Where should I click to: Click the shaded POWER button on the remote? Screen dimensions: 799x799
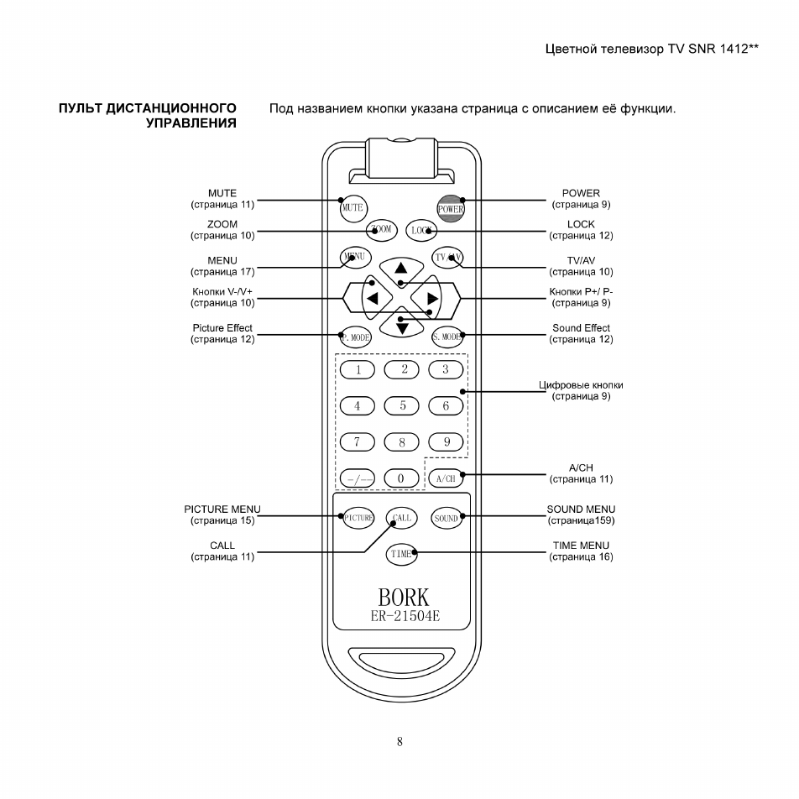[x=451, y=208]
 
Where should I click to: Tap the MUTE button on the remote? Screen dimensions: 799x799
[x=353, y=208]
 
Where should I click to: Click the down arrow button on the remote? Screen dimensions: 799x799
[x=402, y=324]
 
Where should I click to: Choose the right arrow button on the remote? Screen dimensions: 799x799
[x=427, y=298]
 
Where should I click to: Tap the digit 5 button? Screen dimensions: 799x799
[x=401, y=405]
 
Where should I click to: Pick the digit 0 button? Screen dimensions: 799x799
[x=401, y=478]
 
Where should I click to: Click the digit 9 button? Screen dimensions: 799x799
[x=446, y=441]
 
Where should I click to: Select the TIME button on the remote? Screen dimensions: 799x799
[x=401, y=554]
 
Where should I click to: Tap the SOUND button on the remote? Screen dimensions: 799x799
[x=446, y=518]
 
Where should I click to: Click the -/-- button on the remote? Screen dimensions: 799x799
[x=358, y=479]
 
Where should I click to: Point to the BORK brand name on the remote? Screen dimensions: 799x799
[x=404, y=598]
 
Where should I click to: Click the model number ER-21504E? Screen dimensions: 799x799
[x=405, y=617]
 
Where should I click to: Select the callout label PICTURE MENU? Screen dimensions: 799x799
[x=222, y=509]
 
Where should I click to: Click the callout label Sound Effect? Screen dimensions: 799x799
[x=581, y=327]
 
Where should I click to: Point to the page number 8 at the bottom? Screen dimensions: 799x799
[x=399, y=742]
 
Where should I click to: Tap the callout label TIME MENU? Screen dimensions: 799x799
[x=581, y=546]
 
